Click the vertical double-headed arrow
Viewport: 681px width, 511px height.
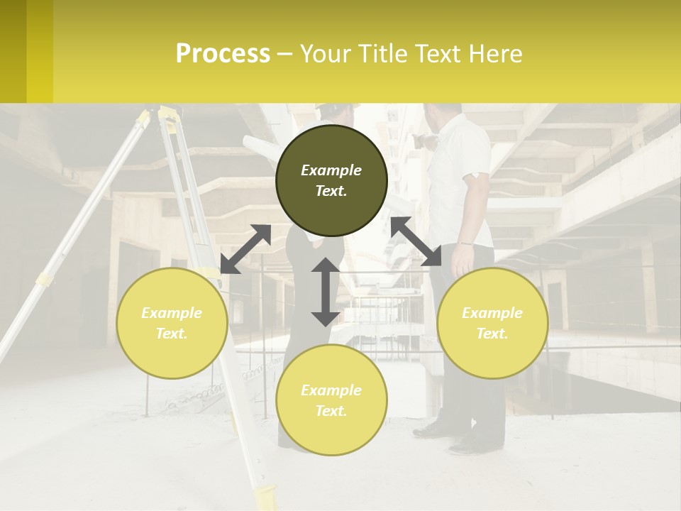(326, 292)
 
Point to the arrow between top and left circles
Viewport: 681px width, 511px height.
(245, 249)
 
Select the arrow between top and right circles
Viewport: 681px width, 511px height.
(416, 241)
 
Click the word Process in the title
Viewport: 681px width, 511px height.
(223, 54)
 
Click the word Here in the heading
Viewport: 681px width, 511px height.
(497, 54)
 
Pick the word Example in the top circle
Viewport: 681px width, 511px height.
(331, 170)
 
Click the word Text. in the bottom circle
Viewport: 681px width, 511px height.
(331, 411)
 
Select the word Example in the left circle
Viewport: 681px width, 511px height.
(172, 313)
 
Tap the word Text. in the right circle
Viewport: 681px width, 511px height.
(492, 334)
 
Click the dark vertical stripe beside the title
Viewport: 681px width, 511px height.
(13, 51)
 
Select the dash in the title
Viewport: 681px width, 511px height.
(285, 54)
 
